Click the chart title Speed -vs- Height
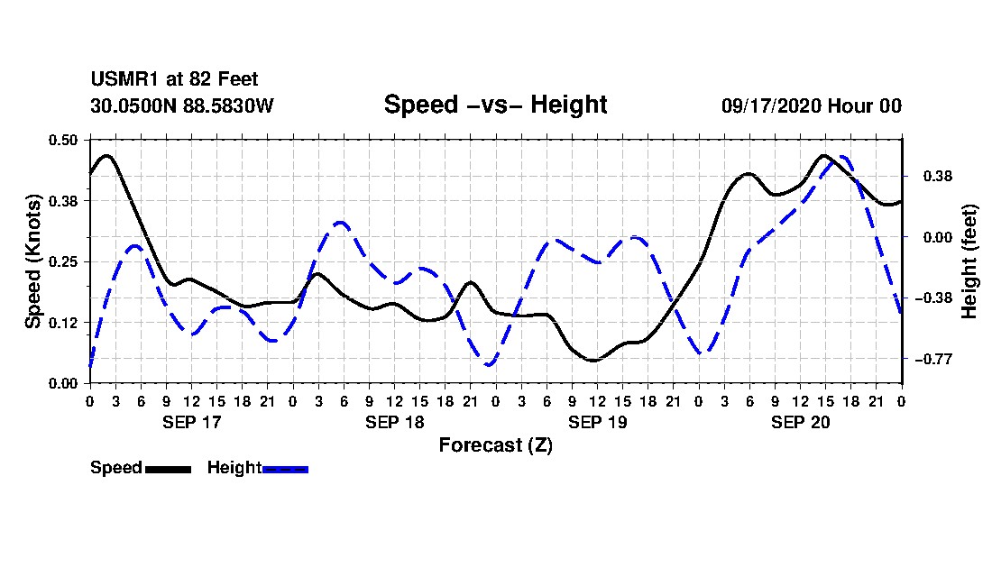click(x=495, y=105)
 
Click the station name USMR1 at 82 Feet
click(x=175, y=79)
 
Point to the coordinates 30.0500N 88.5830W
click(x=182, y=105)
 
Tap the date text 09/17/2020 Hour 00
click(x=812, y=105)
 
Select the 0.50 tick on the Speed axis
click(x=62, y=140)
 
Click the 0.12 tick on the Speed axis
click(x=62, y=323)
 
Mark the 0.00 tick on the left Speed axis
click(x=62, y=384)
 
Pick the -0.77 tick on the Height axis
click(x=933, y=359)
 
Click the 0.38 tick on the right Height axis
click(x=938, y=177)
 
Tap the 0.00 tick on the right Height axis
click(x=938, y=238)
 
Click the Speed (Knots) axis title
click(x=32, y=261)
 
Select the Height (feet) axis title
click(x=969, y=261)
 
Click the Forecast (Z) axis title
click(x=496, y=445)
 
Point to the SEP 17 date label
click(x=192, y=422)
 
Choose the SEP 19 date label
click(x=597, y=422)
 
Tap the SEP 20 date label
click(x=800, y=422)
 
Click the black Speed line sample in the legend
click(x=169, y=469)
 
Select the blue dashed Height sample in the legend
click(x=285, y=469)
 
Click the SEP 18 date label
click(x=395, y=422)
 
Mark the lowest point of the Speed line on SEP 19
click(x=593, y=361)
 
